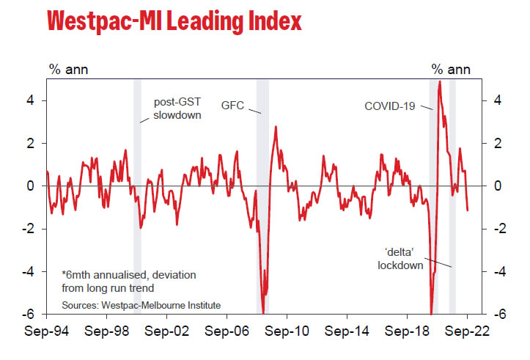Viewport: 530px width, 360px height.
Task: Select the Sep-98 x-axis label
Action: (x=107, y=331)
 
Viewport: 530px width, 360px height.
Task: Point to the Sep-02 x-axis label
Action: (x=167, y=331)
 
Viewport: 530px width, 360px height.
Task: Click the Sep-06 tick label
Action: (x=227, y=331)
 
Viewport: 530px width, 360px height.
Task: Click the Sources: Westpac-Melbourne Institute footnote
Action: (x=141, y=304)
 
